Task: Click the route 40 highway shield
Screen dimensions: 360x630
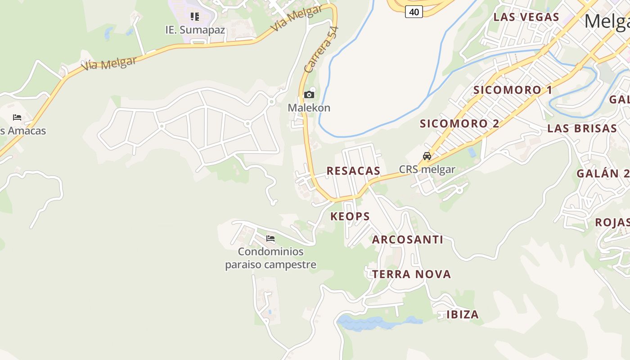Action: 414,12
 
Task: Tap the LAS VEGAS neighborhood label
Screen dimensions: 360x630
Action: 526,17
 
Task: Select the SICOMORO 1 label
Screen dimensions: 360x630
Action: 513,90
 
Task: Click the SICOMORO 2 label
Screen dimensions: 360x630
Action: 459,123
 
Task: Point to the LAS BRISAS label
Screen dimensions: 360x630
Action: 582,128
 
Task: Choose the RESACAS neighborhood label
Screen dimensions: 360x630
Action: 353,171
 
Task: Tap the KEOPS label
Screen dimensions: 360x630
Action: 350,216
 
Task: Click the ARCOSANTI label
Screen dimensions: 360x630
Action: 407,239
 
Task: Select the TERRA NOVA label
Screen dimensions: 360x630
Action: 411,274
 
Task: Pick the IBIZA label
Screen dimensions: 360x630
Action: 463,314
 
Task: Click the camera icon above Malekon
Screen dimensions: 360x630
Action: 309,94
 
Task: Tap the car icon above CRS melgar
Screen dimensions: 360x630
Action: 427,156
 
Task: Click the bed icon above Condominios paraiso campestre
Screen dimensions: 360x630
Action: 270,238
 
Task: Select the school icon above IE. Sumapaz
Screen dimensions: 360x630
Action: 194,17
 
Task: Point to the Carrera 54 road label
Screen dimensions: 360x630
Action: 321,49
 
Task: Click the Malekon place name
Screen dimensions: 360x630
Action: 309,108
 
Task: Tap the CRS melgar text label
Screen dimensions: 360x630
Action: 427,170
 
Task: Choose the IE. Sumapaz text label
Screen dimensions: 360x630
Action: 195,30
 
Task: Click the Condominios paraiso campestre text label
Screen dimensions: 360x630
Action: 270,258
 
